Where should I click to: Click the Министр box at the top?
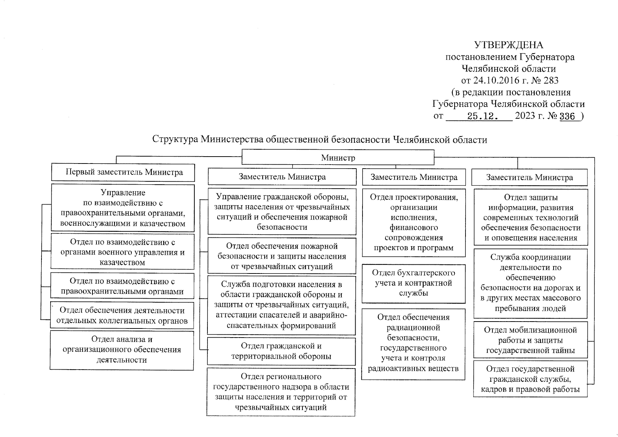[x=338, y=158]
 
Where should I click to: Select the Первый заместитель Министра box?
[x=123, y=172]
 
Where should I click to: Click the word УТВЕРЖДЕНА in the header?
[x=508, y=45]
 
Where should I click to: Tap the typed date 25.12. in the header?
[x=483, y=117]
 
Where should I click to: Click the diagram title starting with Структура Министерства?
[x=320, y=140]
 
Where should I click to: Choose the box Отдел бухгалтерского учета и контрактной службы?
[x=413, y=283]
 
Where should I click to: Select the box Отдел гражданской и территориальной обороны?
[x=281, y=351]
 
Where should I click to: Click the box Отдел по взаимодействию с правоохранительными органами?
[x=122, y=286]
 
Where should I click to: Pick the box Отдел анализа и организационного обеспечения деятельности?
[x=122, y=350]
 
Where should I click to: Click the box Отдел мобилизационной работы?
[x=530, y=340]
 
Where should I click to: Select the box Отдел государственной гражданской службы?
[x=530, y=379]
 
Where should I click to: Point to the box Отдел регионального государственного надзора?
[x=281, y=392]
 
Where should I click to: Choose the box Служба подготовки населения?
[x=281, y=305]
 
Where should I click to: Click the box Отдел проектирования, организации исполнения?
[x=414, y=223]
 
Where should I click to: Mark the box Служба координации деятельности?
[x=530, y=283]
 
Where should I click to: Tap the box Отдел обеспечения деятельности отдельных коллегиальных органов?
[x=122, y=315]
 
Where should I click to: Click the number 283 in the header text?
[x=550, y=80]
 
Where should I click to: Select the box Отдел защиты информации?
[x=531, y=217]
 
